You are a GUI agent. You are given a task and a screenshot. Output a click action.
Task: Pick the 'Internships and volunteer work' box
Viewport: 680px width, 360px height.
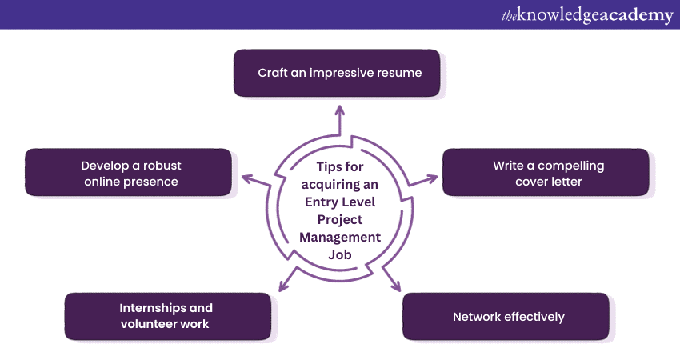[x=166, y=316]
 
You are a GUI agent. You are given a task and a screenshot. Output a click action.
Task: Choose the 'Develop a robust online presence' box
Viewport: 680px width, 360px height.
[x=130, y=173]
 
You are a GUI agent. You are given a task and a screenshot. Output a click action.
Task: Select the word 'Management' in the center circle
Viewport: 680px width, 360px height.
[x=339, y=238]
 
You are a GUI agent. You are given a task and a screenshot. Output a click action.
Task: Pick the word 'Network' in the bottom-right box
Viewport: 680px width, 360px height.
[x=478, y=317]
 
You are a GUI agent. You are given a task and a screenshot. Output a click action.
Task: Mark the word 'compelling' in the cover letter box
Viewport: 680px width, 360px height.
[x=570, y=166]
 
